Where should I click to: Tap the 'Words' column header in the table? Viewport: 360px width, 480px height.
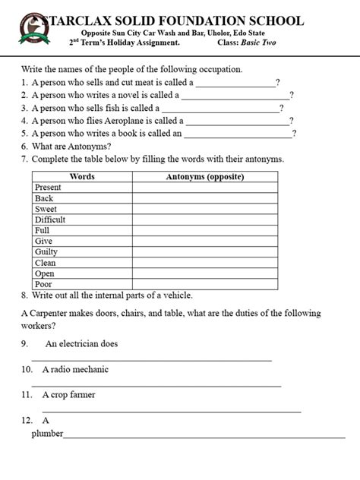coord(82,176)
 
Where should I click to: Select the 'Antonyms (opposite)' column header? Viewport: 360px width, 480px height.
coord(205,176)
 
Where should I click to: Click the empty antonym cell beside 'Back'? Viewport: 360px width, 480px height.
coord(205,198)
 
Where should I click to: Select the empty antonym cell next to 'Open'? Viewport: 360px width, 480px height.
coord(205,273)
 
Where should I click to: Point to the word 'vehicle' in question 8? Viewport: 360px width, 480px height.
coord(177,295)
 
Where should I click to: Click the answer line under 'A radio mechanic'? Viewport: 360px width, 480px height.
coord(156,386)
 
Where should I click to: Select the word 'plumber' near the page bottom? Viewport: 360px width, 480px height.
coord(47,434)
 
